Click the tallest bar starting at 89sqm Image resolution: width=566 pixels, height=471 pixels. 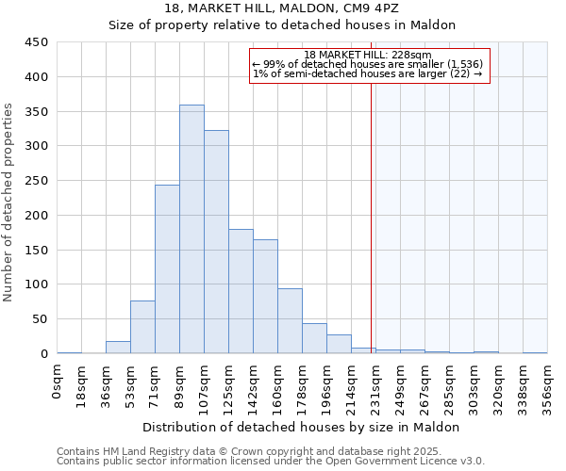tap(191, 229)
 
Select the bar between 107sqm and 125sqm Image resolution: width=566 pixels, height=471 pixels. tap(216, 242)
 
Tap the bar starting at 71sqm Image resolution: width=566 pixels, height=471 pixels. tap(167, 269)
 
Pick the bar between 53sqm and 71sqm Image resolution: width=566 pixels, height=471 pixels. tap(142, 327)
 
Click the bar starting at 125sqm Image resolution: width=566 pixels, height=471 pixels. tap(241, 291)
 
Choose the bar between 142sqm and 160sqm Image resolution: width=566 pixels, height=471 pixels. tap(265, 297)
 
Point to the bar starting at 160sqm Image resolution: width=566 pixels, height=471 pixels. tap(290, 321)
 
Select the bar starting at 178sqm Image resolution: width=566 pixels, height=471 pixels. tap(314, 338)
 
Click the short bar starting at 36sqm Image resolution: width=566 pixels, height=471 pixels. tap(118, 348)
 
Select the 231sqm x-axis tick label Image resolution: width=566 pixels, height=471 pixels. tap(376, 386)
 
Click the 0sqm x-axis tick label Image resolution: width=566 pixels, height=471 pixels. tap(58, 382)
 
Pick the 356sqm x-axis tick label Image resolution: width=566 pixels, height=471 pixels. tap(548, 386)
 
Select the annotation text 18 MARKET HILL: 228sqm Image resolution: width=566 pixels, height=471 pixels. tap(369, 56)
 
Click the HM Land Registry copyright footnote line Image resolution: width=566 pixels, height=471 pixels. tap(271, 451)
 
